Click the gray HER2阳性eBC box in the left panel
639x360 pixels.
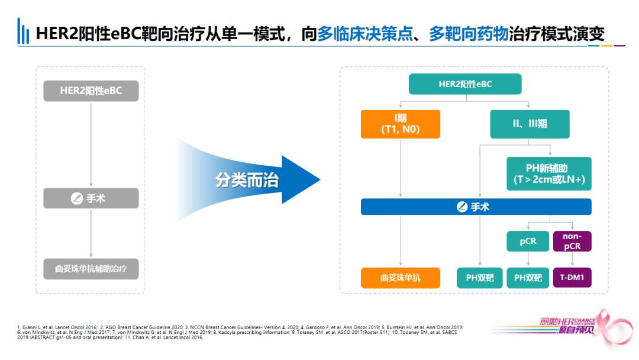pos(91,91)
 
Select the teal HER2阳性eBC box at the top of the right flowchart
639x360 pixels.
pos(465,84)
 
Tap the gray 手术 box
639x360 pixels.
pos(91,198)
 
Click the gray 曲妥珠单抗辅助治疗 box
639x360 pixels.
pos(91,269)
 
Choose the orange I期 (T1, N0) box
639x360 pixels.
pos(401,124)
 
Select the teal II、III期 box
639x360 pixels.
pos(530,124)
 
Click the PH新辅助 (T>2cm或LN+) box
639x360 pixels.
pos(548,173)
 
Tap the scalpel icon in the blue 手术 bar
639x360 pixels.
pos(462,207)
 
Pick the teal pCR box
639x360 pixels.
pos(528,241)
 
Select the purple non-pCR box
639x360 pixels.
pos(572,241)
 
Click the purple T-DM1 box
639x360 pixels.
pos(572,278)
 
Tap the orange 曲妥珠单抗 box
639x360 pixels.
pos(401,278)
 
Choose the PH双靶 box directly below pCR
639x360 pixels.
pos(528,278)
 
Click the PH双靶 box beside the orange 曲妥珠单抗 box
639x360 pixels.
pos(479,278)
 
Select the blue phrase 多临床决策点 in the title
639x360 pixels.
pos(357,33)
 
